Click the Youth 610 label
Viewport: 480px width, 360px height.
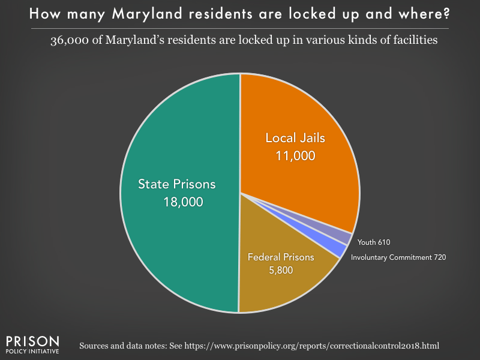coord(373,242)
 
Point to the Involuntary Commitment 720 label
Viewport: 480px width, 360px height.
coord(399,257)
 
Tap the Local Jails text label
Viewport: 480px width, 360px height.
coord(295,138)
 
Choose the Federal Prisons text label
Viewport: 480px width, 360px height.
coord(281,257)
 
